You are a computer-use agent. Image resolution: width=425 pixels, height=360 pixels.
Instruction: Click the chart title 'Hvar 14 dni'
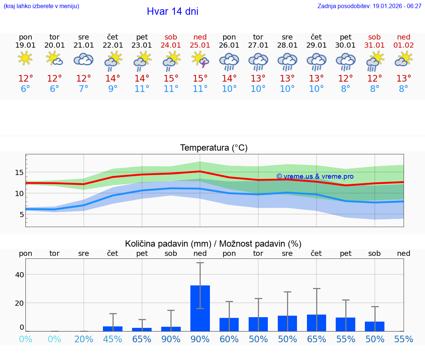tap(172, 11)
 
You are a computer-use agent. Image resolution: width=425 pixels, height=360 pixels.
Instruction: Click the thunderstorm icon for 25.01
tap(200, 59)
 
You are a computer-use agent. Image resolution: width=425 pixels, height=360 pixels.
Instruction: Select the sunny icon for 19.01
tap(25, 59)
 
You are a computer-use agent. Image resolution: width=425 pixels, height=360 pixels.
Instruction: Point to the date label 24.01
tap(171, 45)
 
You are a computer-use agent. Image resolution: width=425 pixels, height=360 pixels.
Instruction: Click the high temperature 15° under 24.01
tap(171, 79)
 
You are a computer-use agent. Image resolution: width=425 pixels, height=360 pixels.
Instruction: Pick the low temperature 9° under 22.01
tap(113, 89)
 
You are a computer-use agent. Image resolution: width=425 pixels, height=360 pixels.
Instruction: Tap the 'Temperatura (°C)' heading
tap(214, 148)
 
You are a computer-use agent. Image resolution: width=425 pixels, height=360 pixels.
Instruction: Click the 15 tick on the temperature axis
tap(20, 172)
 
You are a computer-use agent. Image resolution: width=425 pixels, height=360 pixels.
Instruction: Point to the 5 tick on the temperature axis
tap(21, 215)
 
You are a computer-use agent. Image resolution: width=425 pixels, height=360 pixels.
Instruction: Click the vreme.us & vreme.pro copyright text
tap(315, 176)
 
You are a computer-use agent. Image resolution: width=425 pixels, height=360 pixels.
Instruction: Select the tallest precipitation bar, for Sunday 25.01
tap(200, 308)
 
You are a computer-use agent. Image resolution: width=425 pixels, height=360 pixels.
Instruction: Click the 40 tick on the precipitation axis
tap(20, 275)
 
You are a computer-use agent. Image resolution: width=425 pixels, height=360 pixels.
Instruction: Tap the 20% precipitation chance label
tap(84, 339)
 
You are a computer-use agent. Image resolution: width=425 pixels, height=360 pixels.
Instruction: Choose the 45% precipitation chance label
tap(113, 339)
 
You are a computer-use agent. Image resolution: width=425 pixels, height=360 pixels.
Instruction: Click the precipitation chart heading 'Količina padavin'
tap(213, 244)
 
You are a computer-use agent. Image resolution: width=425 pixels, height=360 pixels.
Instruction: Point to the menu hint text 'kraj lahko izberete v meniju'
tap(41, 6)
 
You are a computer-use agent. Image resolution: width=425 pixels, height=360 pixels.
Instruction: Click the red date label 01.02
tap(404, 45)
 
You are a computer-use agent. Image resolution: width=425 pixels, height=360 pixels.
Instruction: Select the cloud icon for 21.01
tap(84, 59)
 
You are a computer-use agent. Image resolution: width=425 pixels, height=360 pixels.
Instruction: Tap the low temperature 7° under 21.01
tap(84, 89)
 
